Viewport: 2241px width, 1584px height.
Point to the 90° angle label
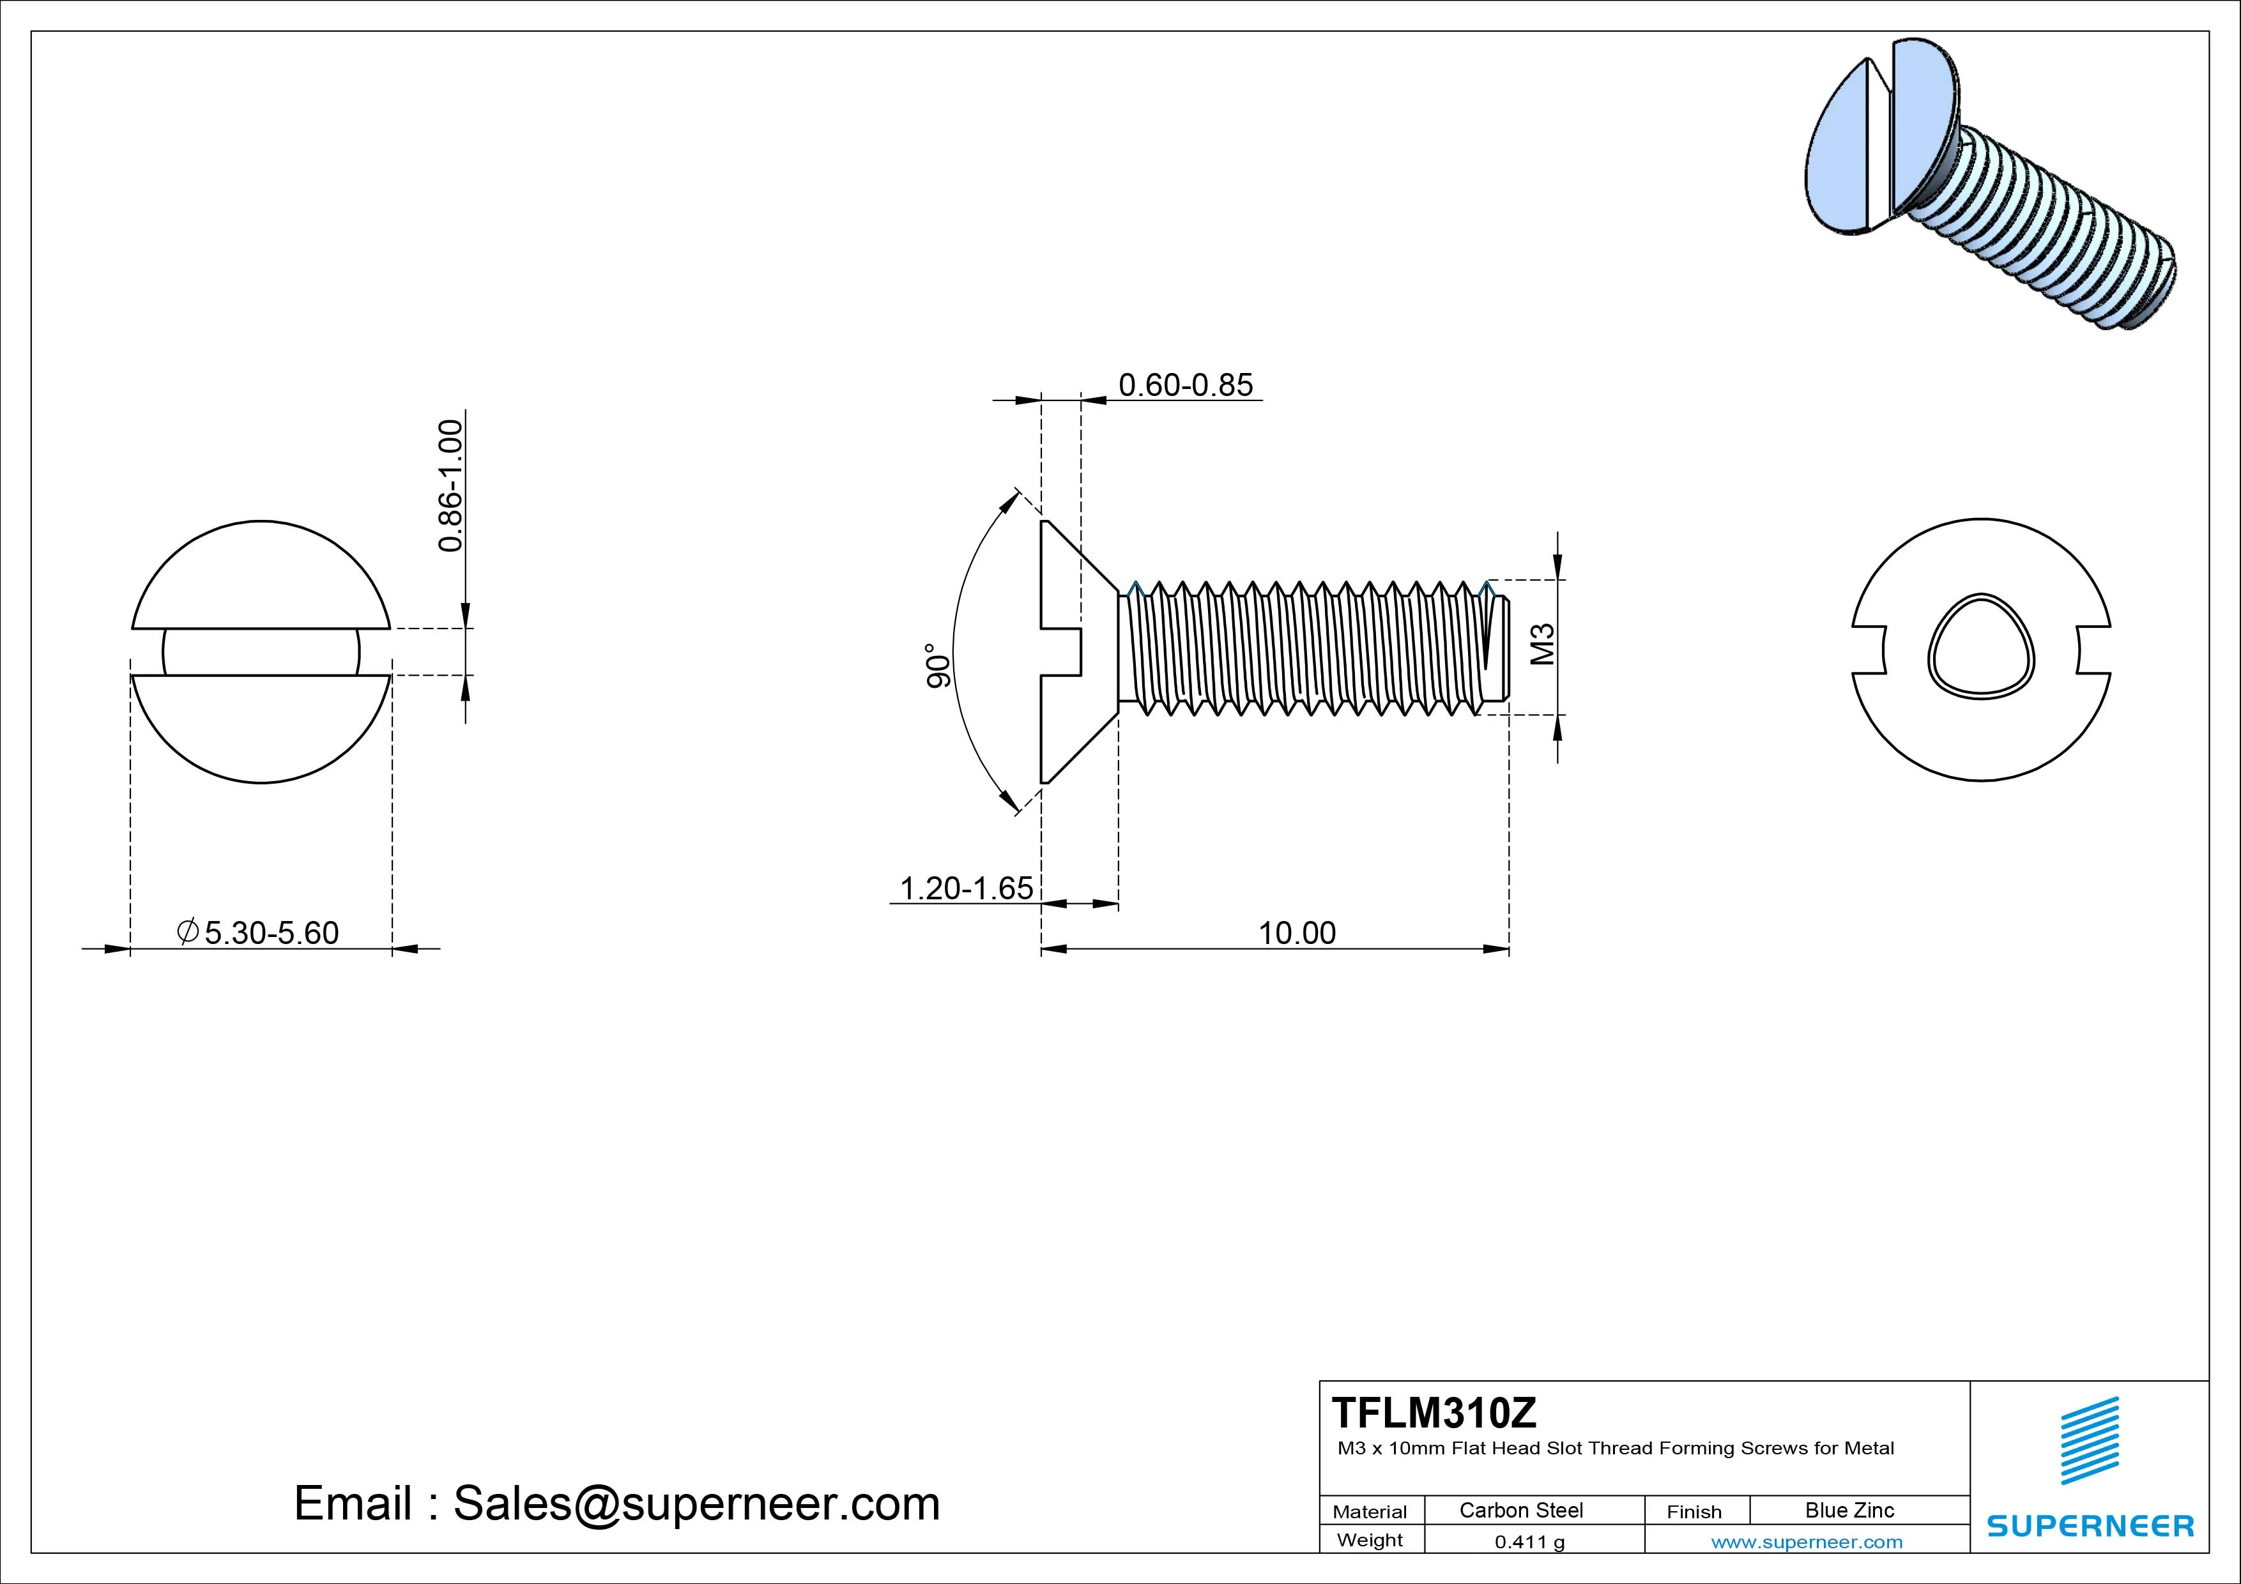pyautogui.click(x=938, y=666)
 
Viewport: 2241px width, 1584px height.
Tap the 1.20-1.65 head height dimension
pyautogui.click(x=965, y=888)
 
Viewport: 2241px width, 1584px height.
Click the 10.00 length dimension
pyautogui.click(x=1296, y=933)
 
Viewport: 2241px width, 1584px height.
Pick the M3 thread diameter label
pyautogui.click(x=1542, y=644)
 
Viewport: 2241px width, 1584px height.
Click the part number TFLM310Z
pyautogui.click(x=1434, y=1412)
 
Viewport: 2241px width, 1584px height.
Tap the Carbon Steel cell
pyautogui.click(x=1520, y=1510)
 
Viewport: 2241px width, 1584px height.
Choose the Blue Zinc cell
pyautogui.click(x=1849, y=1510)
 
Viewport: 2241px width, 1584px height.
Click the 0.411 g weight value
pyautogui.click(x=1529, y=1542)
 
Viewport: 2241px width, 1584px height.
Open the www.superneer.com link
pyautogui.click(x=1807, y=1542)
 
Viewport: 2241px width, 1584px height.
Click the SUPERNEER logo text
pyautogui.click(x=2090, y=1525)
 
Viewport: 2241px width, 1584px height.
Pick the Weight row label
pyautogui.click(x=1370, y=1540)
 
